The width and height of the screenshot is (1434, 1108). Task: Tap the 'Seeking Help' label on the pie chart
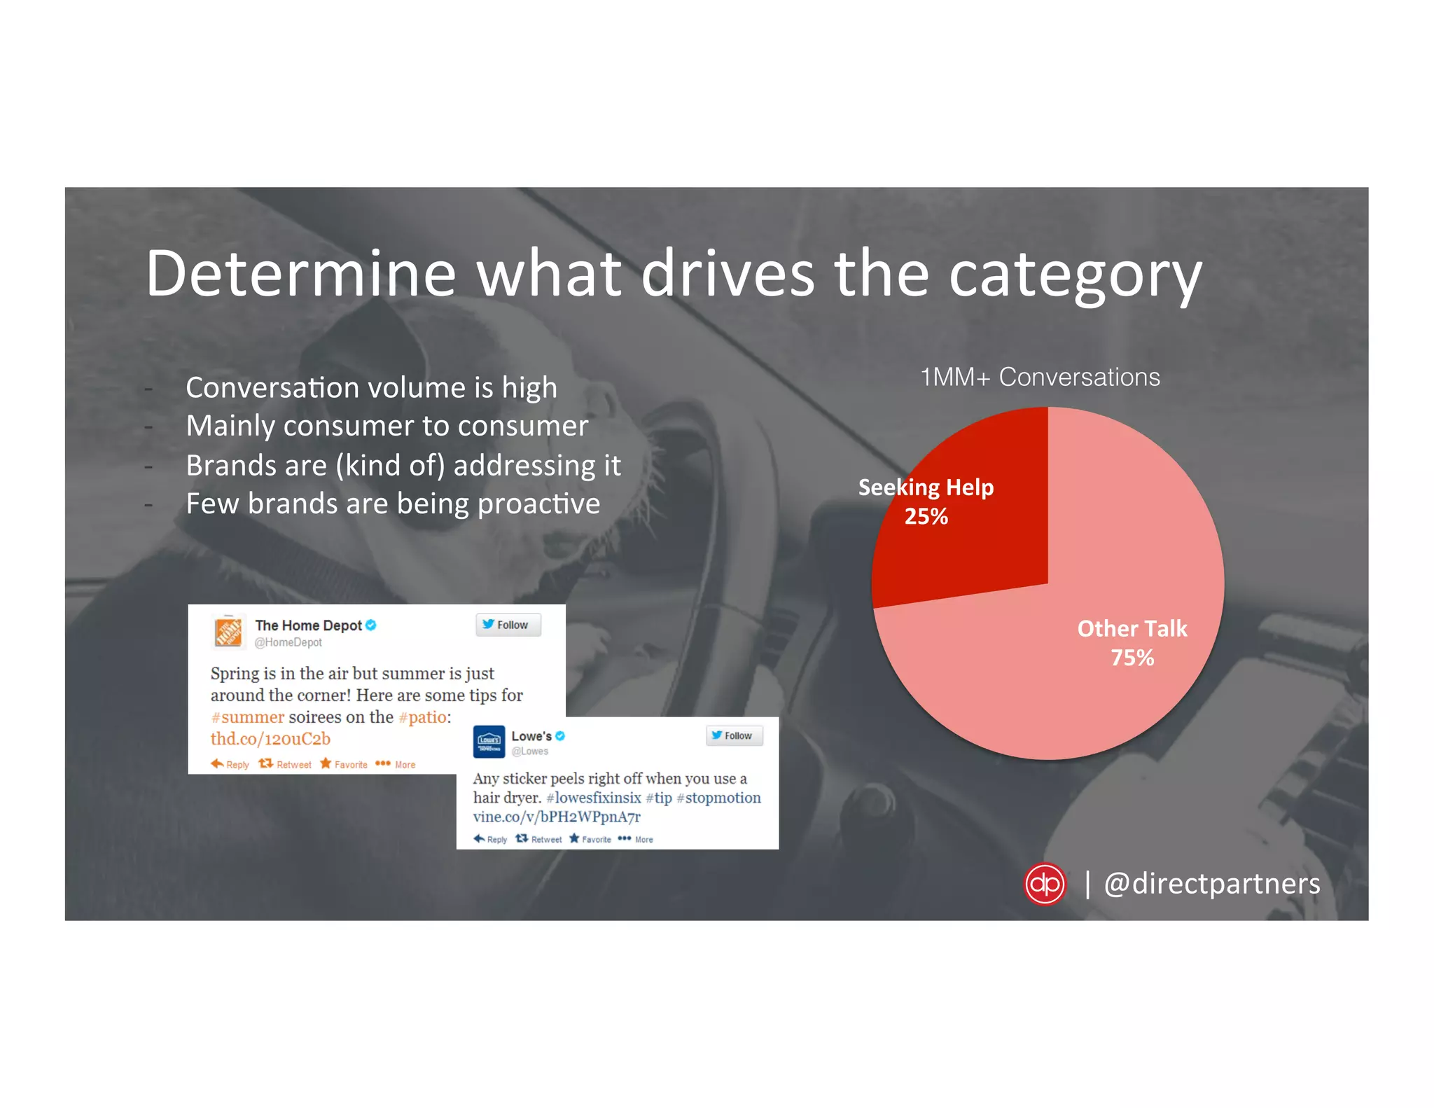coord(926,487)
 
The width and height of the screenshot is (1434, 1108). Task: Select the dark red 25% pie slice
coord(980,532)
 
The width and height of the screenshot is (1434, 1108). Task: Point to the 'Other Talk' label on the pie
coord(1132,628)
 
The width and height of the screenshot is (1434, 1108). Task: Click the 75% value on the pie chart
coord(1132,658)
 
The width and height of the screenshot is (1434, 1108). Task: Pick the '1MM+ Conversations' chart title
coord(1040,377)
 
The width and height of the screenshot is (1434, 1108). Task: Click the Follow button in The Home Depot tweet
coord(508,625)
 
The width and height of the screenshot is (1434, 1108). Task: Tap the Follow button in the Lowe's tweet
coord(733,735)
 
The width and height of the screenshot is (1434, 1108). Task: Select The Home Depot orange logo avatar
coord(228,632)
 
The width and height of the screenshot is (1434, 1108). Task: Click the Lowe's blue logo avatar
coord(489,742)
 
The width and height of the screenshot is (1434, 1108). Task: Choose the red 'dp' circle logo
coord(1045,884)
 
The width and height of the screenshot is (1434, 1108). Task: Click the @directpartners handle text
coord(1211,884)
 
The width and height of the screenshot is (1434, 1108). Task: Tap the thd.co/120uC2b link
coord(270,739)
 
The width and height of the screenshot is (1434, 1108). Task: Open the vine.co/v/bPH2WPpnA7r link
coord(557,817)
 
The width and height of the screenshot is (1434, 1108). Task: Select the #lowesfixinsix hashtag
coord(594,798)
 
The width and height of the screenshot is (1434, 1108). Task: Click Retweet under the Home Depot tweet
coord(286,764)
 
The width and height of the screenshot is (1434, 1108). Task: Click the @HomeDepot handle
coord(288,642)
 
